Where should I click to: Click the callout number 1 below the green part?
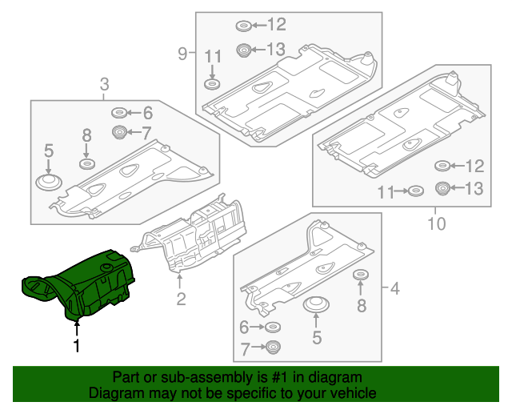77,347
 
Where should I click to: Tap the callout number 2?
181,299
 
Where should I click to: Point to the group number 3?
104,84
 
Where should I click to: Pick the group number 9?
182,54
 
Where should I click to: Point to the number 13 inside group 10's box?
474,189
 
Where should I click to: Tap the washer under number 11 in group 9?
213,85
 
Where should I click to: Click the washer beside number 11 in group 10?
415,192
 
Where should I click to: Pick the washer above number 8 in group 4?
361,276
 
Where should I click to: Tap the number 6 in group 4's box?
244,327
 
